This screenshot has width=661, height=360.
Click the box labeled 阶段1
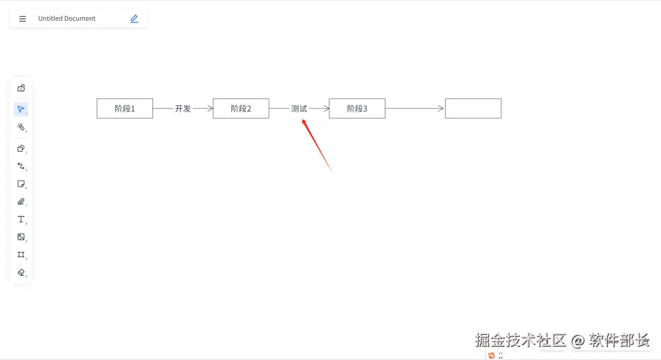(125, 108)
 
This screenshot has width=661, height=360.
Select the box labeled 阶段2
(241, 108)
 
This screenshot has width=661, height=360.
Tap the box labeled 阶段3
(357, 108)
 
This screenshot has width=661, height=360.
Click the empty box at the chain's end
(473, 108)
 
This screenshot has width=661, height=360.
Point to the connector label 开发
(183, 108)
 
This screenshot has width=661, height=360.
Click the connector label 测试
(299, 108)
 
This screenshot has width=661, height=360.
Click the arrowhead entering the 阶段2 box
(211, 108)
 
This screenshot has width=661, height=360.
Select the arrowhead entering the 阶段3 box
(327, 108)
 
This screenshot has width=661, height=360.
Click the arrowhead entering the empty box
(442, 108)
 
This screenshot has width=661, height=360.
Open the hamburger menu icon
(23, 19)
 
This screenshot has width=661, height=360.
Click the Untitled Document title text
(67, 18)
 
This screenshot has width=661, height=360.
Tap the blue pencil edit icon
(134, 19)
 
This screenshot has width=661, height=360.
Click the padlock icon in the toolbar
(21, 88)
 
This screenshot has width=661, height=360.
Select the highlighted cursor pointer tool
(21, 110)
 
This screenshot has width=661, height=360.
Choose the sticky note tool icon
(21, 184)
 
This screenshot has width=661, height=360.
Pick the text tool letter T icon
(21, 219)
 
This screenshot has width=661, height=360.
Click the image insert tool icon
(21, 237)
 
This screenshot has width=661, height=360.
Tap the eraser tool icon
(21, 272)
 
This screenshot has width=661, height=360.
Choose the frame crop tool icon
(21, 255)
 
